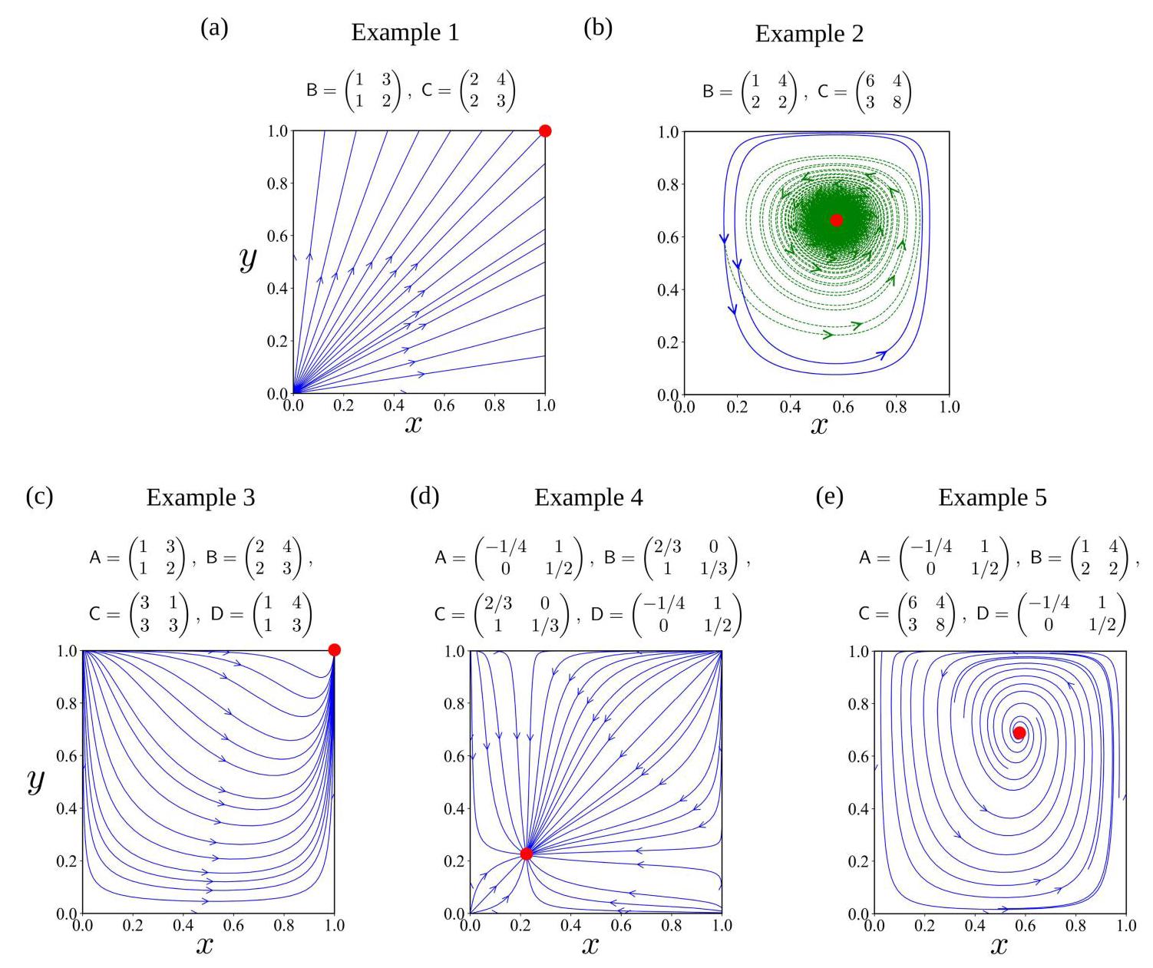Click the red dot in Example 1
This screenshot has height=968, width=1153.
point(545,130)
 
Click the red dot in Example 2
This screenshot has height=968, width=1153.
point(836,220)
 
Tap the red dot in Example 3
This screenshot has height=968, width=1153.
point(334,650)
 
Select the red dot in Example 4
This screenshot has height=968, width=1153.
point(527,854)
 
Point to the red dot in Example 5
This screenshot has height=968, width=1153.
point(1019,732)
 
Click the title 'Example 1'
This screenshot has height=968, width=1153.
point(405,32)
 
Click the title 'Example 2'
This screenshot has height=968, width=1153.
point(809,34)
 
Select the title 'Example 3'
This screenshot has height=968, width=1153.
point(200,497)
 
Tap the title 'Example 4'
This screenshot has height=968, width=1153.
point(589,497)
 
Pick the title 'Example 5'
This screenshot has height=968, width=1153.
point(992,497)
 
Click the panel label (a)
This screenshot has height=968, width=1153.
point(214,28)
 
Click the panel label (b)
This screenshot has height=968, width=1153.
point(598,28)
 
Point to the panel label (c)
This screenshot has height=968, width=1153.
point(39,496)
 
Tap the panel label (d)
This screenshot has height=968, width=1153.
point(425,496)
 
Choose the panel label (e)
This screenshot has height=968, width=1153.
point(828,496)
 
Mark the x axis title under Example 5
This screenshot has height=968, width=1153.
point(999,945)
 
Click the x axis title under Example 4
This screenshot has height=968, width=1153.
point(590,945)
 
